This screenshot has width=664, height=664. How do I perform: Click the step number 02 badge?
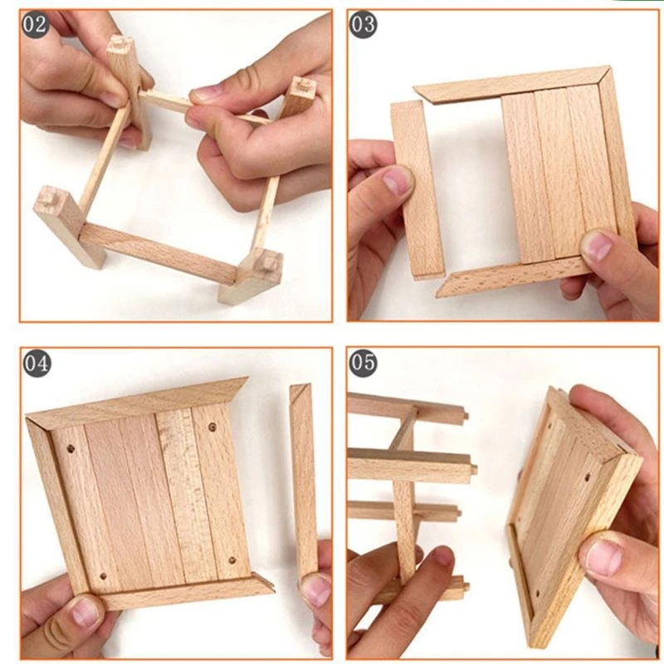pyautogui.click(x=35, y=25)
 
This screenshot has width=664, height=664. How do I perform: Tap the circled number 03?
pyautogui.click(x=363, y=25)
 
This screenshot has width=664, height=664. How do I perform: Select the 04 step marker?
pyautogui.click(x=37, y=364)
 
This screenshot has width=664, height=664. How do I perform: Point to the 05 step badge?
pyautogui.click(x=364, y=363)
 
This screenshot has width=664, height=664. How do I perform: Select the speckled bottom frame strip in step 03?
pyautogui.click(x=515, y=276)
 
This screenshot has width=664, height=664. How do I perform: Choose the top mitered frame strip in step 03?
pyautogui.click(x=511, y=85)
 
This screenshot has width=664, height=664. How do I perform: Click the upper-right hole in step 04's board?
pyautogui.click(x=212, y=427)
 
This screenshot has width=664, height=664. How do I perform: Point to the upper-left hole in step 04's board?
pyautogui.click(x=71, y=448)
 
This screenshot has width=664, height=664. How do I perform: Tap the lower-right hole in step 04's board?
pyautogui.click(x=232, y=561)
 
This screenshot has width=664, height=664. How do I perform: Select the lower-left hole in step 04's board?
pyautogui.click(x=103, y=577)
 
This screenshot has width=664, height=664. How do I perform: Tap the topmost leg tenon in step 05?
pyautogui.click(x=466, y=413)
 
